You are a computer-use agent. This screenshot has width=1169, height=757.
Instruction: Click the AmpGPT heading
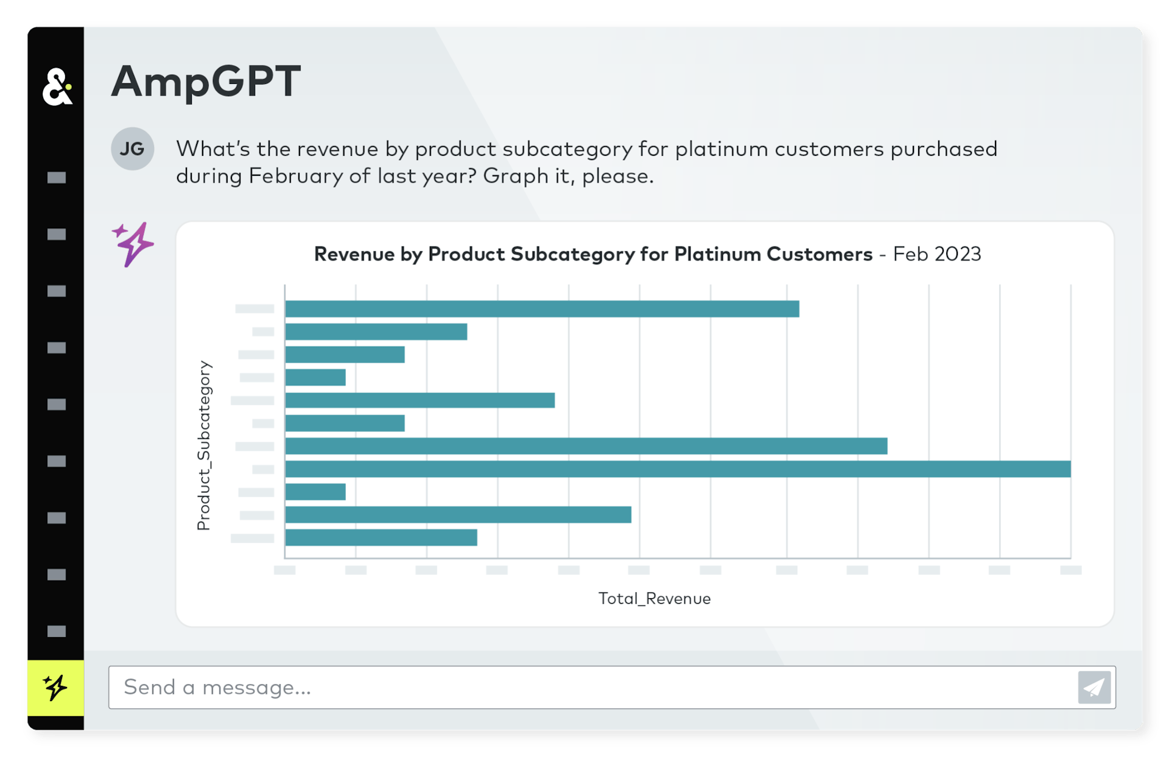(206, 82)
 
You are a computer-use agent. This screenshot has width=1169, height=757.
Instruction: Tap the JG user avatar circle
(132, 148)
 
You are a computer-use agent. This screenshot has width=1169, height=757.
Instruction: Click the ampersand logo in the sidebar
(57, 87)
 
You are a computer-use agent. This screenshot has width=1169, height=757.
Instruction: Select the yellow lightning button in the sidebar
(55, 688)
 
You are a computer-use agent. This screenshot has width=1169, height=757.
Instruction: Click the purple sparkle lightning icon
(133, 244)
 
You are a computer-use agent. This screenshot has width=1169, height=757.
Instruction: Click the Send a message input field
(591, 688)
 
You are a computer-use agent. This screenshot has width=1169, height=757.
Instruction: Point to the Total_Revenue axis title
(654, 599)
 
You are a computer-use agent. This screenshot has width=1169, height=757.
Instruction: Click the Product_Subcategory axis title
(204, 445)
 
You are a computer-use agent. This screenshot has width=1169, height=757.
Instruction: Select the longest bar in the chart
(677, 469)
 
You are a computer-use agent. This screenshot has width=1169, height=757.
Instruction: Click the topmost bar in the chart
(542, 309)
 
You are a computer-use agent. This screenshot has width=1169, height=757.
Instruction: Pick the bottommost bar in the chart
(381, 538)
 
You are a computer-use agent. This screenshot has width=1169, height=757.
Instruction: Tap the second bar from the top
(376, 332)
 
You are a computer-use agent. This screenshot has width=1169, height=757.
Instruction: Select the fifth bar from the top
(420, 400)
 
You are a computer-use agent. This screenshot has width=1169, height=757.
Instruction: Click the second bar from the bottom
(458, 515)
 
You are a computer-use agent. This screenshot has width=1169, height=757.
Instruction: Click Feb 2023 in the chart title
(936, 254)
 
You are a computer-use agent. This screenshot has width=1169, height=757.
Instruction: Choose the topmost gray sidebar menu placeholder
(57, 178)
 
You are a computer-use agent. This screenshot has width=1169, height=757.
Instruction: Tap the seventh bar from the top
(586, 446)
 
